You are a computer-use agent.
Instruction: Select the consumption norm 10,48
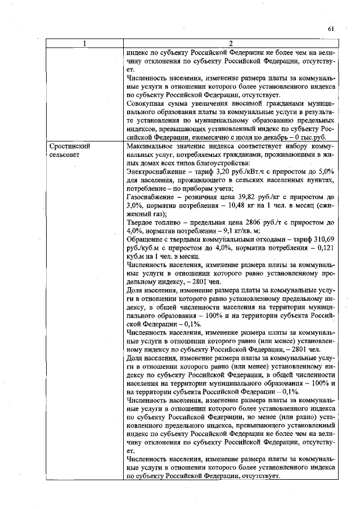click(x=225, y=205)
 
